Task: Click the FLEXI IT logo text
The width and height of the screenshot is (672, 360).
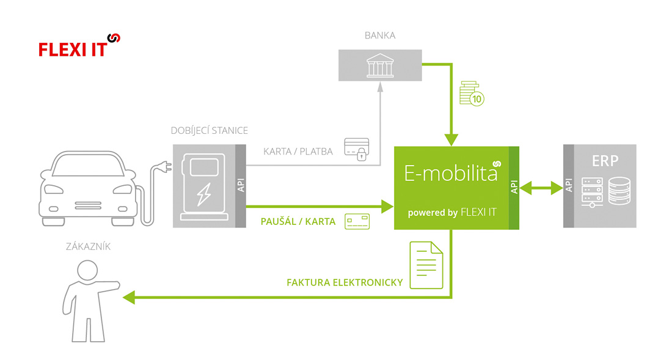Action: (73, 50)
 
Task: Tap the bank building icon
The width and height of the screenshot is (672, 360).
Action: (380, 65)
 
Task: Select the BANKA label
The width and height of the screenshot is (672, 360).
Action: (380, 35)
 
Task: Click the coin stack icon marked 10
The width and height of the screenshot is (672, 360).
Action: (472, 93)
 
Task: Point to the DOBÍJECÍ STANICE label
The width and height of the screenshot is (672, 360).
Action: (210, 131)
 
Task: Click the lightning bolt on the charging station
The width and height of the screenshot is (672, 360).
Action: (203, 194)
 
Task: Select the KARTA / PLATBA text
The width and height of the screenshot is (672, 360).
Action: (298, 151)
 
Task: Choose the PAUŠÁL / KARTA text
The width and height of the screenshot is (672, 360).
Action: (298, 222)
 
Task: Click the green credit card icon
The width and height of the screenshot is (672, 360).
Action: (357, 221)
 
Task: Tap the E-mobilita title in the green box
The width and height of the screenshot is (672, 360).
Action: (451, 174)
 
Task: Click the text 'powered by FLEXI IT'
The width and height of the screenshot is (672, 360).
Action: (452, 213)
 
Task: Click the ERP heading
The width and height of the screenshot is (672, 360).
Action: (605, 161)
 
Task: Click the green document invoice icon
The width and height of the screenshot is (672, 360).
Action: (426, 265)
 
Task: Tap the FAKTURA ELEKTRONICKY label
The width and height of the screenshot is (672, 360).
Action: (345, 282)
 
